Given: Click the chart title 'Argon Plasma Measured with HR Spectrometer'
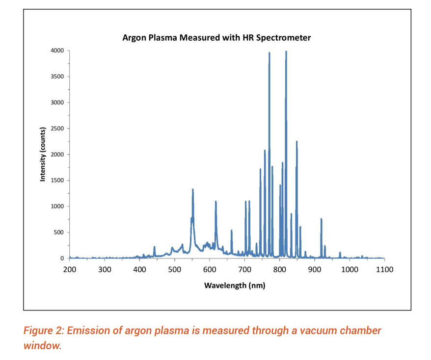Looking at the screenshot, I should tap(216, 38).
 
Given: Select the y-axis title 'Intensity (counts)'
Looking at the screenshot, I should tap(43, 154).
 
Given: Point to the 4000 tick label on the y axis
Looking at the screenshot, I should tap(57, 51).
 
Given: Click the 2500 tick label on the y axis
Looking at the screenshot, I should tap(57, 129).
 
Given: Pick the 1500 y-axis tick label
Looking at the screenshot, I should tap(57, 180).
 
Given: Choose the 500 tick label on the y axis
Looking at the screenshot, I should tap(59, 232).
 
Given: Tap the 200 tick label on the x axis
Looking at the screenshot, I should tap(69, 269).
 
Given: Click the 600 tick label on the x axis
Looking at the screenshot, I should tap(210, 269).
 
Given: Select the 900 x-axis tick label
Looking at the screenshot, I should tap(315, 269).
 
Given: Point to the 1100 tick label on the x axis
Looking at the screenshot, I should tap(385, 269).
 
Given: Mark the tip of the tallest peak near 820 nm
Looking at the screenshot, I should tap(286, 51).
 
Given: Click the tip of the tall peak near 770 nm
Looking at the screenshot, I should tap(269, 53).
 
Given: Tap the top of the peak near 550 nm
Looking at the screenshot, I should tap(193, 189).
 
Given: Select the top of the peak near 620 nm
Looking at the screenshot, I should tap(215, 202).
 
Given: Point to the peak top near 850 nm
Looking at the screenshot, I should tap(296, 141).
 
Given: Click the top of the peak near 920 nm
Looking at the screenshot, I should tap(321, 219).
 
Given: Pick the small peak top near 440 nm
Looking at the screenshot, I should tap(154, 247).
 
